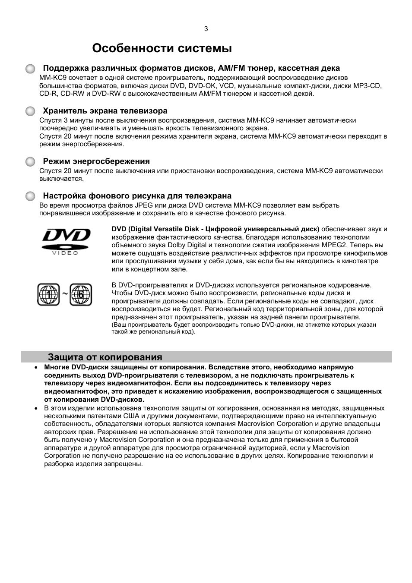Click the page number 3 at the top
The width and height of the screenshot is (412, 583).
pyautogui.click(x=206, y=29)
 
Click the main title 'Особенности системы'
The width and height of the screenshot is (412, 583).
pyautogui.click(x=162, y=48)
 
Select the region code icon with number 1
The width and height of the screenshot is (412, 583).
pyautogui.click(x=48, y=295)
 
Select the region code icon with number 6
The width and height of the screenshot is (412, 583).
pyautogui.click(x=81, y=295)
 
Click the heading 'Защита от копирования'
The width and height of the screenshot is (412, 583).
pyautogui.click(x=105, y=357)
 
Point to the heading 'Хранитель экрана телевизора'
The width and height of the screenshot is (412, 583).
pyautogui.click(x=105, y=111)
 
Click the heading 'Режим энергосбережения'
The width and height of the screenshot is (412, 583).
pyautogui.click(x=96, y=161)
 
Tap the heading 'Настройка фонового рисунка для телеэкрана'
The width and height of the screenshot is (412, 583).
pyautogui.click(x=137, y=196)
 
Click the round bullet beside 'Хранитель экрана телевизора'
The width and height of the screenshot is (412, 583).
pyautogui.click(x=30, y=111)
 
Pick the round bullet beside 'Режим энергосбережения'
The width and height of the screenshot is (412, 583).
pyautogui.click(x=30, y=162)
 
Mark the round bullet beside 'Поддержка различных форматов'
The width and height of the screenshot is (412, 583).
pyautogui.click(x=30, y=69)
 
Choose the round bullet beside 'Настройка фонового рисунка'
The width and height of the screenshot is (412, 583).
pyautogui.click(x=30, y=196)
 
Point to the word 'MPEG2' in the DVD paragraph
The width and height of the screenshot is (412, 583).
pyautogui.click(x=334, y=245)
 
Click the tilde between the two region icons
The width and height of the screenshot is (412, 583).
pyautogui.click(x=64, y=294)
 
